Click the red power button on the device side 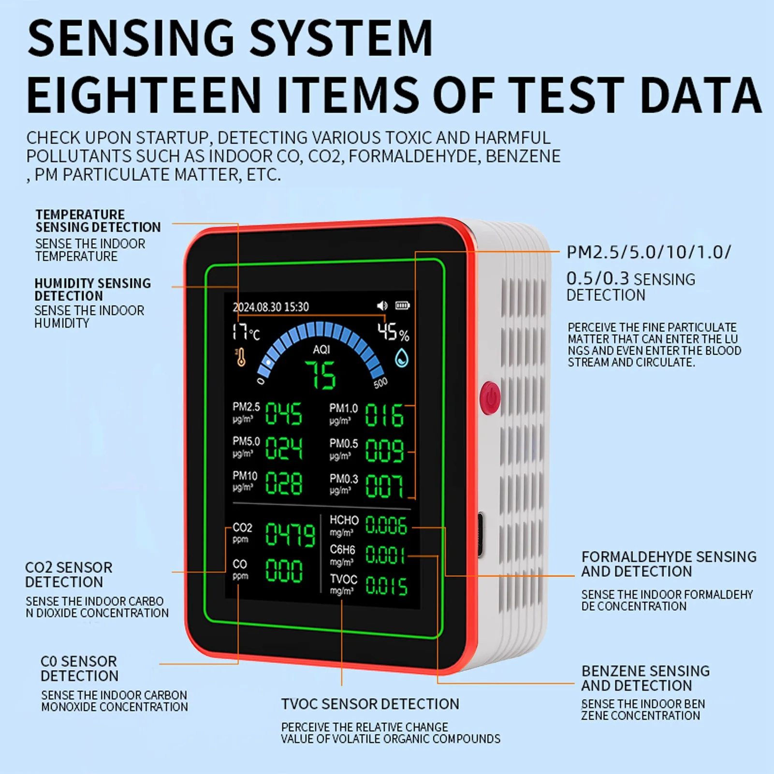pyautogui.click(x=490, y=398)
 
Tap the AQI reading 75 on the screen pyautogui.click(x=320, y=375)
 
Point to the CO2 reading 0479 pyautogui.click(x=290, y=535)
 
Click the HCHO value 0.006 pyautogui.click(x=386, y=525)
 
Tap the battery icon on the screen pyautogui.click(x=402, y=306)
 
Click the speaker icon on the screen pyautogui.click(x=382, y=306)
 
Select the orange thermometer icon pyautogui.click(x=240, y=358)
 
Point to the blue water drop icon pyautogui.click(x=401, y=359)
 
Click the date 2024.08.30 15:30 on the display pyautogui.click(x=270, y=307)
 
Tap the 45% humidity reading pyautogui.click(x=393, y=332)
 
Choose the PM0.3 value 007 pyautogui.click(x=384, y=486)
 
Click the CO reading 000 pyautogui.click(x=284, y=570)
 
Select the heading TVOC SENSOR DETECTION pyautogui.click(x=370, y=704)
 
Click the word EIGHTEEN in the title pyautogui.click(x=144, y=95)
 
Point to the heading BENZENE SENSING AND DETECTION pyautogui.click(x=645, y=678)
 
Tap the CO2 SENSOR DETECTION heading pyautogui.click(x=68, y=574)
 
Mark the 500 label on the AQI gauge pyautogui.click(x=380, y=383)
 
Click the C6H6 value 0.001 pyautogui.click(x=384, y=555)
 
